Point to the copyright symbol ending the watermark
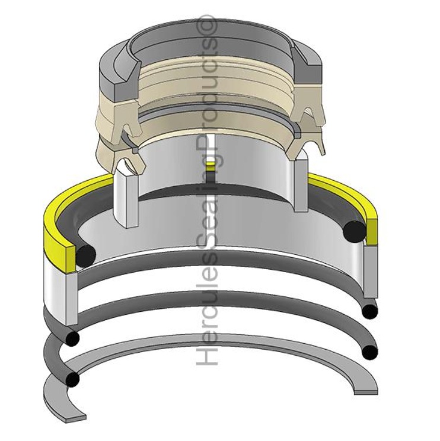click(x=209, y=27)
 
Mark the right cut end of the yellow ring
click(x=372, y=231)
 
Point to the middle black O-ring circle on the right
click(x=370, y=310)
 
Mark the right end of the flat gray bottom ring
click(x=366, y=389)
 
